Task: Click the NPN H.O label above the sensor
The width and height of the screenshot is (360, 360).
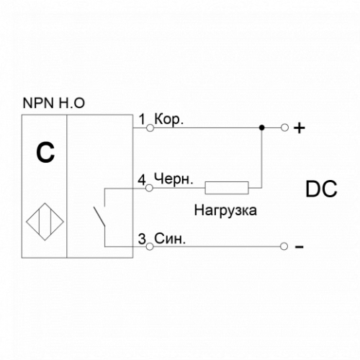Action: [x=54, y=103]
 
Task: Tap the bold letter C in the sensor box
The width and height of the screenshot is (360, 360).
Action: [x=45, y=153]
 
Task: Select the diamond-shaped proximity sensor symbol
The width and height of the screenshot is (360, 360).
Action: [x=45, y=222]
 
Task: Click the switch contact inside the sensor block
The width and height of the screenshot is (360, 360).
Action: [x=99, y=216]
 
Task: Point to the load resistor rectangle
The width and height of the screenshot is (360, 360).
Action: [x=227, y=188]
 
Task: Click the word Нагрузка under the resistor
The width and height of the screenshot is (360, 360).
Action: [x=225, y=210]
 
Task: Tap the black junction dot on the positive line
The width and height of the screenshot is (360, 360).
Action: [x=262, y=127]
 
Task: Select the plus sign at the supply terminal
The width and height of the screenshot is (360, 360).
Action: [x=300, y=128]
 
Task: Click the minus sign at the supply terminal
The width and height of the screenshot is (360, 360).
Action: [x=300, y=247]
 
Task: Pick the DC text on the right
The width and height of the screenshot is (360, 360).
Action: [x=321, y=189]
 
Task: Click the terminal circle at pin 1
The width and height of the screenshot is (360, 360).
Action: [x=150, y=128]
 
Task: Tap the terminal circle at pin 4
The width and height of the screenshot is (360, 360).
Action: [x=149, y=188]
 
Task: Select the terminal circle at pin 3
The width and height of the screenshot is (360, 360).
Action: [x=150, y=246]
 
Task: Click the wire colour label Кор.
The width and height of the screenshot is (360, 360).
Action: [x=169, y=120]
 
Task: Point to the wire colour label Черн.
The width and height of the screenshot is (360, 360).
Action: [x=174, y=179]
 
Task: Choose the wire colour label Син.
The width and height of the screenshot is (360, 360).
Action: [x=170, y=239]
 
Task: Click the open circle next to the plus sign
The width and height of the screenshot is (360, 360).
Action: [x=284, y=127]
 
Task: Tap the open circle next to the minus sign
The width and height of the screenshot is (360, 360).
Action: [x=284, y=246]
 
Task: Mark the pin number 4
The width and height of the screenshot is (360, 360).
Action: [x=142, y=180]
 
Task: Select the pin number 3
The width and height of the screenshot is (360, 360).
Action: [x=142, y=239]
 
